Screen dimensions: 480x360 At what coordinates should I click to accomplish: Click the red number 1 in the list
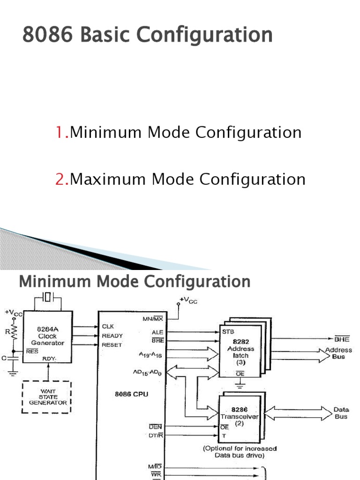[60, 133]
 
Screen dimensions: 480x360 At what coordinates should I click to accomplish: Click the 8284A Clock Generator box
[48, 336]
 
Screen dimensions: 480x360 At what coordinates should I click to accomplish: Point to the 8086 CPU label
[131, 394]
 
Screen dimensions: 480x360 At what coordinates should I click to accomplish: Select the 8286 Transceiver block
[240, 414]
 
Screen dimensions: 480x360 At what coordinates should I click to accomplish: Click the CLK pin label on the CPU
[107, 326]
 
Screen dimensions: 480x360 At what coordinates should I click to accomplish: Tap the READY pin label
[112, 336]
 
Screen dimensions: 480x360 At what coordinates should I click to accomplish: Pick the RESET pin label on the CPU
[112, 345]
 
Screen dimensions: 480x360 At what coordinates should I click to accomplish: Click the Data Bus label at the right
[341, 413]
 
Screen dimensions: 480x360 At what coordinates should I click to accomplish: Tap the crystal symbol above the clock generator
[48, 297]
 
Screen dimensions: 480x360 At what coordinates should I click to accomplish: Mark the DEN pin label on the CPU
[155, 426]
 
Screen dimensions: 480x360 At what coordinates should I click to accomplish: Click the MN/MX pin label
[152, 319]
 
